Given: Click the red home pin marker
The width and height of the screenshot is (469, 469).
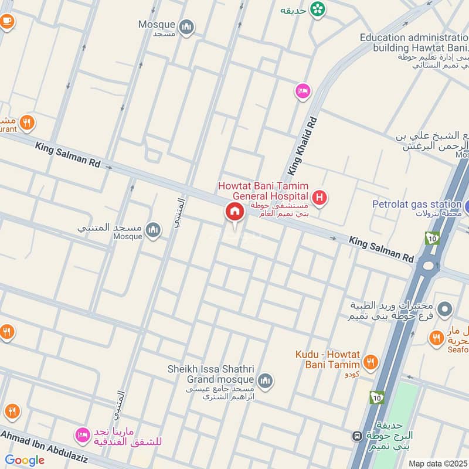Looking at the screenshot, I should [235, 212].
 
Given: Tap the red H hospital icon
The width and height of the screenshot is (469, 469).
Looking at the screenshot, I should [319, 198].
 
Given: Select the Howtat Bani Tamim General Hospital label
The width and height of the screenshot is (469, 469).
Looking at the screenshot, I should [263, 191].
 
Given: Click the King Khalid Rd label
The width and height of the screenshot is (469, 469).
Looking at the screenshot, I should [303, 146].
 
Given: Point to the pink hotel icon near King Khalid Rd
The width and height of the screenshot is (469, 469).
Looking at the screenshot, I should [303, 91].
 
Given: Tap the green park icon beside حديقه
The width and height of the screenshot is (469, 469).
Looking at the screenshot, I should [318, 9].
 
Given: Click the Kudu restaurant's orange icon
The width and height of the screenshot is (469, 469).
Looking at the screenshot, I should [370, 362].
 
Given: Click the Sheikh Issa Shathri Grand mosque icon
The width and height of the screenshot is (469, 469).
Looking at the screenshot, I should [265, 381].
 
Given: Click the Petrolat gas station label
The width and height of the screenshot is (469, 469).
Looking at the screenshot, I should [417, 204].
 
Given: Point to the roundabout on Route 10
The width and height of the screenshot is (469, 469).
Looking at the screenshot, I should [429, 266].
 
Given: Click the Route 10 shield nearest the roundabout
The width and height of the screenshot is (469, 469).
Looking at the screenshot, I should [432, 238].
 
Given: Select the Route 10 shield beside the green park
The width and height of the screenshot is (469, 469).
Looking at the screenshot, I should [376, 397].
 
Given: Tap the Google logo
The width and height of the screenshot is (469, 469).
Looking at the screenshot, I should [25, 460].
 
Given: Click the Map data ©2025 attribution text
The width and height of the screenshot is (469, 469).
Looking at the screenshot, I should [438, 463].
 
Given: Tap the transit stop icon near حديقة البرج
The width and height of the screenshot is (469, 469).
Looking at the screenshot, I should [356, 436].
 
